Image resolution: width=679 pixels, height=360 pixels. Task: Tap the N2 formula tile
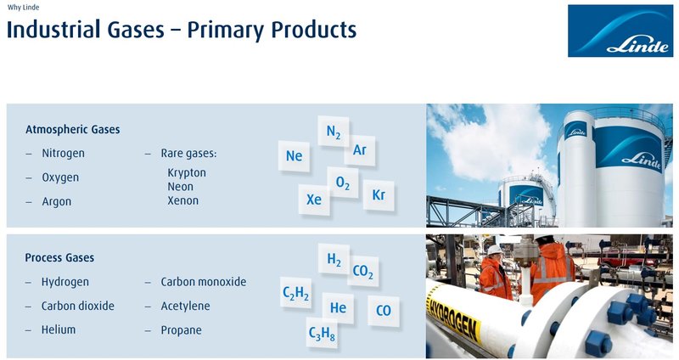pos(334,132)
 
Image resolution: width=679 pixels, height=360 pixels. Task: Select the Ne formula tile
pos(294,155)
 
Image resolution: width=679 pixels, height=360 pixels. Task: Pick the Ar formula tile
pos(360,150)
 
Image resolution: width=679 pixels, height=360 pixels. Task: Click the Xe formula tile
pos(314,200)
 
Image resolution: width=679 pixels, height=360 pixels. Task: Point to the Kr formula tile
pos(379,195)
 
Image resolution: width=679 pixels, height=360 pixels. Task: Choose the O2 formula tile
pos(343,183)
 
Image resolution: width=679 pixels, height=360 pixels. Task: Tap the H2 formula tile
pos(334,260)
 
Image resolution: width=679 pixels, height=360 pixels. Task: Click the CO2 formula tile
pos(362,272)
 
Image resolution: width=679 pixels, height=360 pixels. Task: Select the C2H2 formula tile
pos(295,294)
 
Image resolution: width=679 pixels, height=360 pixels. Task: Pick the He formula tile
pos(338,307)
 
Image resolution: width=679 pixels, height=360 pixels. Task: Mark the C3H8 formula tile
pos(322,334)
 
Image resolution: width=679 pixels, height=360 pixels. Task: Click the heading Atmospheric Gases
pos(72,130)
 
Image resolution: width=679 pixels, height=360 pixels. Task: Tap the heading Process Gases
pos(59,257)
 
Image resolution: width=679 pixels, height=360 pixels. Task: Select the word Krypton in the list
pos(187,172)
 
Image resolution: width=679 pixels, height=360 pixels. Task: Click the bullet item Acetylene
pos(185,306)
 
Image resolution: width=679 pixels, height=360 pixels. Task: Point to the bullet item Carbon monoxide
pos(203,282)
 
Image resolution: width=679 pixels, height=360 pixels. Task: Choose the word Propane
pos(181,329)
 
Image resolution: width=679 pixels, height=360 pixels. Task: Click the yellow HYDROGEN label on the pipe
pos(454,314)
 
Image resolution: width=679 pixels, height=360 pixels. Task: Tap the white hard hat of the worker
pos(494,249)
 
